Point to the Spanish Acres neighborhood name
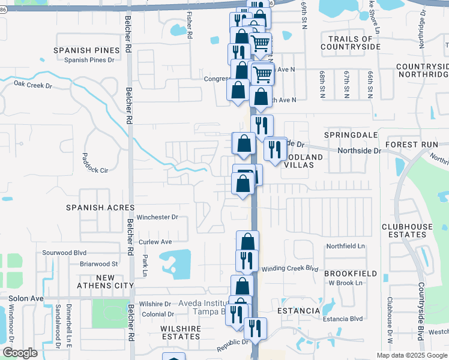click(100, 207)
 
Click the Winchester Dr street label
click(158, 217)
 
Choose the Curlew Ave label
click(155, 242)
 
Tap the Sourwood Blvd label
click(62, 253)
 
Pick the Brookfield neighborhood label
click(351, 274)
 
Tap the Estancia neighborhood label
click(299, 311)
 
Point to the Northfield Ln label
click(345, 247)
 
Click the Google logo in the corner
click(20, 352)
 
